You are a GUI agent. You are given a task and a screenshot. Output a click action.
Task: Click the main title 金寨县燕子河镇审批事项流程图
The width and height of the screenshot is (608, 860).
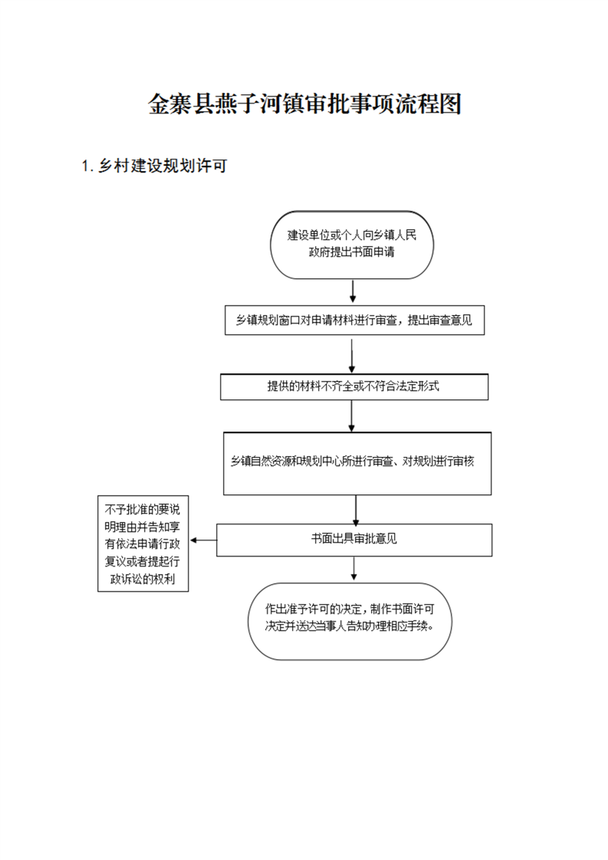[x=304, y=103]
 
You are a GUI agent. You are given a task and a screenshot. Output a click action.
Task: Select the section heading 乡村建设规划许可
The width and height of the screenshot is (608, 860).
[x=163, y=166]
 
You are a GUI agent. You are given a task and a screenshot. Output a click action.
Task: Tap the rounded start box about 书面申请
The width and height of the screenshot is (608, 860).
[x=352, y=245]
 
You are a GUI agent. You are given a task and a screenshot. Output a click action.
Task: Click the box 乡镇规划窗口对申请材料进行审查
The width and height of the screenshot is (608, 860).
[x=354, y=320]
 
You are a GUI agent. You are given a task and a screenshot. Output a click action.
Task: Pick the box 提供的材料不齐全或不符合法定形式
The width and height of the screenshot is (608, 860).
[x=354, y=386]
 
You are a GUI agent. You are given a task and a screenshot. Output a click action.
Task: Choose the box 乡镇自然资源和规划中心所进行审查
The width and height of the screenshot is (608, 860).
[x=357, y=464]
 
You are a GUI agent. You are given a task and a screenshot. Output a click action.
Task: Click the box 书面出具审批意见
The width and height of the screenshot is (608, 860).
[x=354, y=540]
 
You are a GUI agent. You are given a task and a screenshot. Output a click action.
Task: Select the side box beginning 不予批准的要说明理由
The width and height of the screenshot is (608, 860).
[x=143, y=543]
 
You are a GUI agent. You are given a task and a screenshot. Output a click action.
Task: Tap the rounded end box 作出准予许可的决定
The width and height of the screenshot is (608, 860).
[x=350, y=621]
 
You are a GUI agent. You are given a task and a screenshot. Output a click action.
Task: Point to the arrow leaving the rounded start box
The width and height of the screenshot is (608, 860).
[x=352, y=290]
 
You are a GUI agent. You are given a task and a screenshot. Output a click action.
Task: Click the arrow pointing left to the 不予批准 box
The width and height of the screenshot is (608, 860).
[x=203, y=540]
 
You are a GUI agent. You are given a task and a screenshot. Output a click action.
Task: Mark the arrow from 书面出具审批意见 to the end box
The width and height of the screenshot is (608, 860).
[x=354, y=568]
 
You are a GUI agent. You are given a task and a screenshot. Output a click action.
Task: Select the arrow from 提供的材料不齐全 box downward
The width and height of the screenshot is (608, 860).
[x=352, y=415]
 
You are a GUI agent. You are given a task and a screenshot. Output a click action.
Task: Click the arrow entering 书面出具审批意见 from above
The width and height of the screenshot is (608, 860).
[x=356, y=510]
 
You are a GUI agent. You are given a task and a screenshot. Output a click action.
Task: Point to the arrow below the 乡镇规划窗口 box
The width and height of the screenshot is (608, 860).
[x=352, y=356]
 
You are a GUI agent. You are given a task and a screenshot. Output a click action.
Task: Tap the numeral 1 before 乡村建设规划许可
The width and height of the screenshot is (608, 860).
[x=85, y=166]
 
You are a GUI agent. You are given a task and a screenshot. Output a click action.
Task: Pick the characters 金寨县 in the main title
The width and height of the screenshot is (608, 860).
[x=180, y=103]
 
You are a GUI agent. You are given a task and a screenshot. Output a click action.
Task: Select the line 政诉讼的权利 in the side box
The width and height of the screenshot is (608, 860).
[x=143, y=579]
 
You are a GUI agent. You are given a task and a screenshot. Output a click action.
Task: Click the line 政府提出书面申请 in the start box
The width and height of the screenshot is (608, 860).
[x=352, y=252]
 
